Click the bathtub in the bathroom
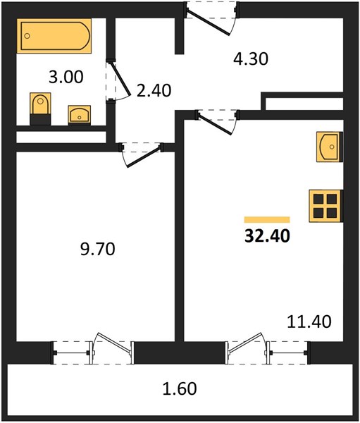(54, 36)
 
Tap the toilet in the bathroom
(40, 109)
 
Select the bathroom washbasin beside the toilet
(80, 115)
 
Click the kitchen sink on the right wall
(330, 147)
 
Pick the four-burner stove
(326, 206)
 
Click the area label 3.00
(66, 77)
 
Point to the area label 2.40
(154, 90)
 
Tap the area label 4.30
(251, 59)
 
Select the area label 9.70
(98, 249)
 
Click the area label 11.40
(309, 321)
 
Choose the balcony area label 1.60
(180, 388)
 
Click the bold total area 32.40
(267, 235)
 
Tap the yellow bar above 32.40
(267, 219)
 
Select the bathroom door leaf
(120, 79)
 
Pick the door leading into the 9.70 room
(143, 157)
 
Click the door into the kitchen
(215, 123)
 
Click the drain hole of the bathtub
(27, 36)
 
